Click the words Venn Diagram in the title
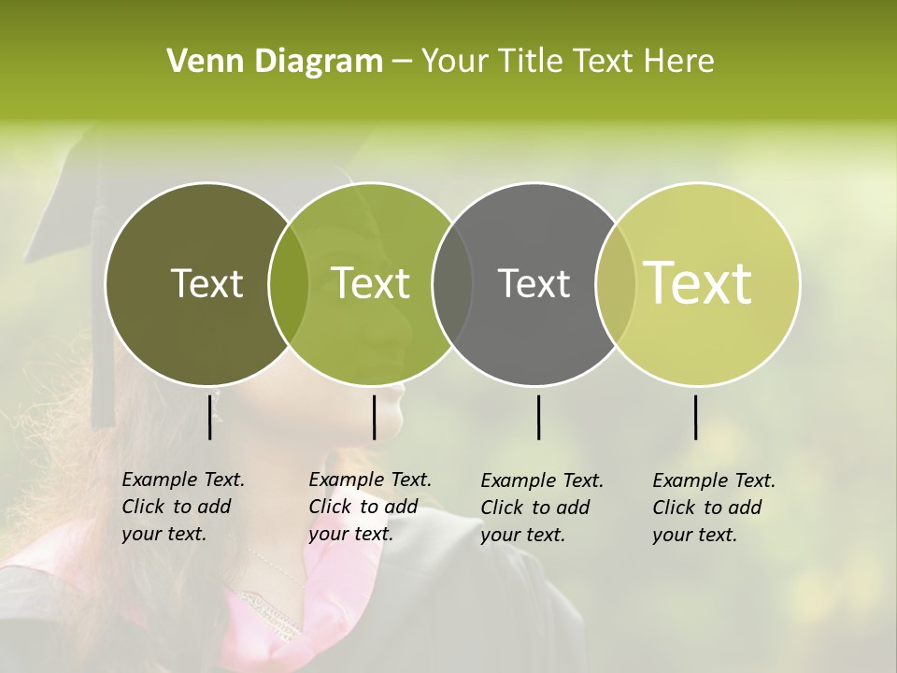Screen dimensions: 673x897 click(275, 62)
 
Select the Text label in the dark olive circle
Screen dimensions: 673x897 click(206, 283)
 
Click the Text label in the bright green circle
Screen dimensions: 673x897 click(371, 283)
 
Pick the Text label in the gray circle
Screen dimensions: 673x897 click(534, 283)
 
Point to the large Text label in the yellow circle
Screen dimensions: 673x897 click(698, 283)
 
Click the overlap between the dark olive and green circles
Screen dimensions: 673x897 click(289, 284)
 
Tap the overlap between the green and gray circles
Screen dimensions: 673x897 click(452, 284)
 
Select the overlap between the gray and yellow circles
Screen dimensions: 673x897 click(616, 284)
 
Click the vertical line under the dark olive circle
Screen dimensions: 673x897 click(210, 417)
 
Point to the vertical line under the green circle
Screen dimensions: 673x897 click(374, 417)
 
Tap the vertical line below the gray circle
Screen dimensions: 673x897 click(538, 417)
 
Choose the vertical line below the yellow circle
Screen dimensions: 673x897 click(696, 417)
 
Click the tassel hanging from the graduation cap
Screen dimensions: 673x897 click(101, 374)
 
